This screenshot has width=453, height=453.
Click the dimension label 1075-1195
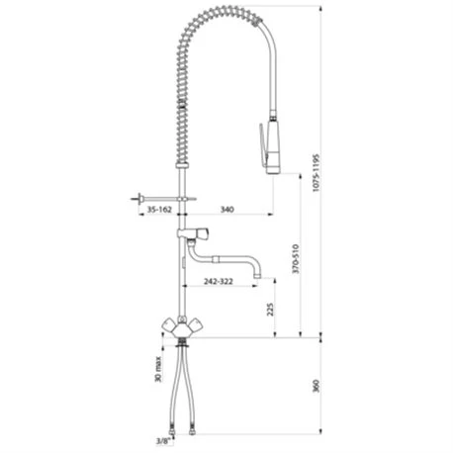316,172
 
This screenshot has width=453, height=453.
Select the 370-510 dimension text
296,259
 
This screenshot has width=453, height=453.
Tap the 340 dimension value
227,210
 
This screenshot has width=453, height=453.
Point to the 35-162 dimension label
159,210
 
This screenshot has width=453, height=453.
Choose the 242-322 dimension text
219,281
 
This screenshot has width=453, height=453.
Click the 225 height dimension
270,309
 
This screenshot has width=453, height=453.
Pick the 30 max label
158,369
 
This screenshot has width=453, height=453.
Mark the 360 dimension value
316,386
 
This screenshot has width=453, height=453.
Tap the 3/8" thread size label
164,441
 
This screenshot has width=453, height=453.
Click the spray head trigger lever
262,144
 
